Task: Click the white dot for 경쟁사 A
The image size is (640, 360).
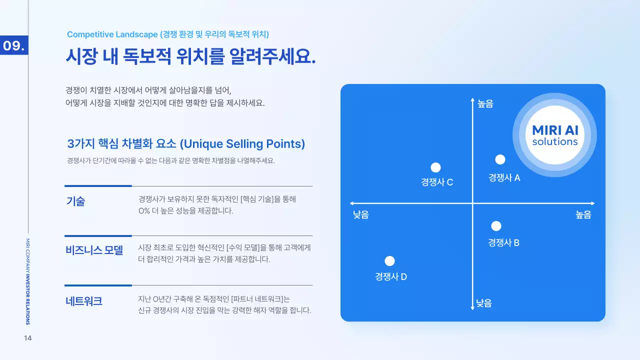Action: point(500,159)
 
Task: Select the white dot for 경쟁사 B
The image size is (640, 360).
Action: point(496,226)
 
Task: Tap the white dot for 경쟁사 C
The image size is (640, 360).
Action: point(435,167)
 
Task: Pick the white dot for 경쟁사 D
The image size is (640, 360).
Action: point(390,261)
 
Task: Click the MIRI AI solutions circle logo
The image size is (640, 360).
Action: point(554,135)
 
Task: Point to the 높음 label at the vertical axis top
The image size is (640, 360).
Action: point(485,104)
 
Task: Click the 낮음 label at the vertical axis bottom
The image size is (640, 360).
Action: point(483,303)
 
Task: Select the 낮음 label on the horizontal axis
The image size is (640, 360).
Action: point(361,215)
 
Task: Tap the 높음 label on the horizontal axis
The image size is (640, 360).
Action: point(583,215)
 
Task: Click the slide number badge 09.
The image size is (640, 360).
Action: point(14,46)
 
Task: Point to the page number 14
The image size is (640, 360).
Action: point(28,338)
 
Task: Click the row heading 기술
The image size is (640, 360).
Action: point(75,201)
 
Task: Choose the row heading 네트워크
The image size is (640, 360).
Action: point(83,301)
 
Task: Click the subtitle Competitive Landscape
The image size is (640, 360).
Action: point(112,34)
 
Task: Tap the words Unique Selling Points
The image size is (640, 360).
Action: point(241,144)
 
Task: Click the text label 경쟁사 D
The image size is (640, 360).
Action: point(391,276)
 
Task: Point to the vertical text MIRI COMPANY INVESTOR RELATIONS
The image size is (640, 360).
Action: point(27,281)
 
